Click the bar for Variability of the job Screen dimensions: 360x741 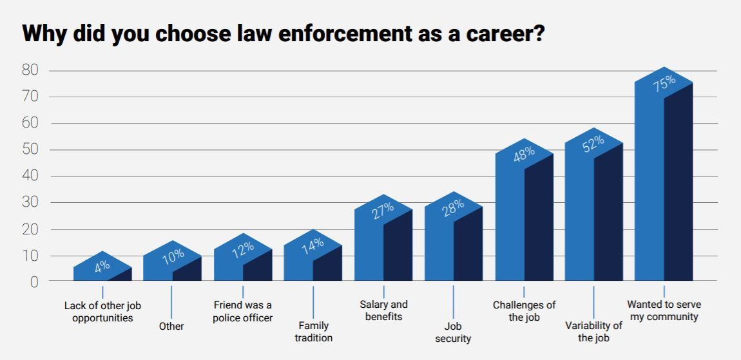coord(593,213)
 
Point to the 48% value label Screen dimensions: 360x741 coord(524,155)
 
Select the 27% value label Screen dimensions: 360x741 coord(383,211)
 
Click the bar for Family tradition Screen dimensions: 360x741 coord(313,258)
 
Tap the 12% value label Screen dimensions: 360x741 coord(242,249)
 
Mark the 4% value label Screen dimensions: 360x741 coord(102,266)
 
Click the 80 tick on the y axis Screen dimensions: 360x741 coord(30,70)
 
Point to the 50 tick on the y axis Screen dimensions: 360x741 coord(30,150)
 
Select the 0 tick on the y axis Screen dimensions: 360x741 coord(34,282)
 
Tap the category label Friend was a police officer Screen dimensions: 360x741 coord(243,311)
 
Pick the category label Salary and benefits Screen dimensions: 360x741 coord(383,310)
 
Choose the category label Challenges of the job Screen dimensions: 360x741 coord(524,311)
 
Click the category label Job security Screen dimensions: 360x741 coord(453,332)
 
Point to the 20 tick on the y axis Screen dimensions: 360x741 coord(30,229)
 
